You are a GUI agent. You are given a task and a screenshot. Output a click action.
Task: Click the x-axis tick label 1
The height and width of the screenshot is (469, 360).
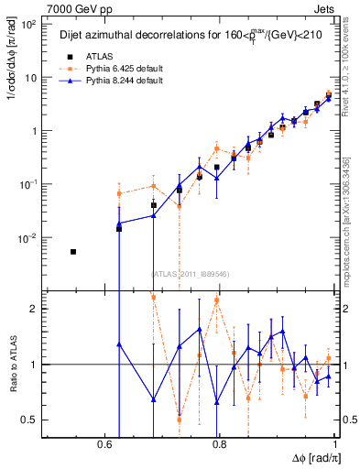pyautogui.click(x=335, y=443)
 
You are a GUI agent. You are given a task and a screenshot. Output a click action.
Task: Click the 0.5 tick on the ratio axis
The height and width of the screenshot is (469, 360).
pyautogui.click(x=30, y=420)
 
